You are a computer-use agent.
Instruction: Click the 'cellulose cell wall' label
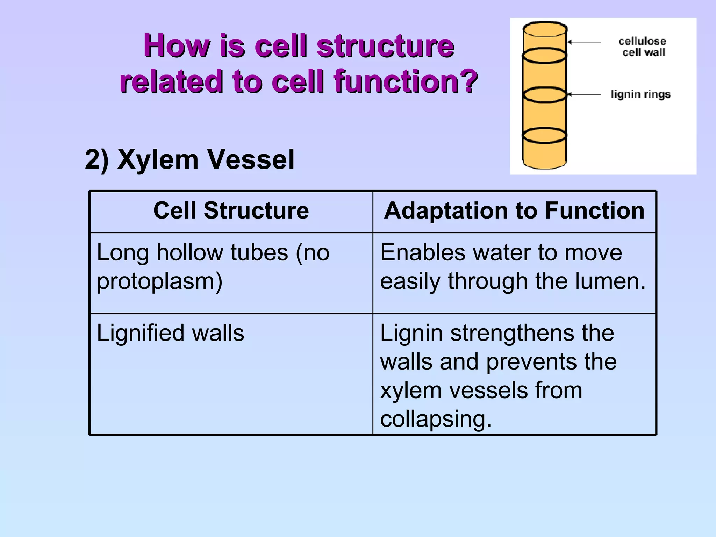[643, 47]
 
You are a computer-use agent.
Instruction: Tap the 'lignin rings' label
[640, 94]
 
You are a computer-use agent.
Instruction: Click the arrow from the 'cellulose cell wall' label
[584, 42]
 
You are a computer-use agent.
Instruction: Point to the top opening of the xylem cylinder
[545, 29]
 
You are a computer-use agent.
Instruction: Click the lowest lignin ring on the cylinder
[544, 136]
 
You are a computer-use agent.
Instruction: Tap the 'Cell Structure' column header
[231, 211]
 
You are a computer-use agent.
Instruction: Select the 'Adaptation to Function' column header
[514, 211]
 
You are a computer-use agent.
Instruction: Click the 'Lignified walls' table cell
[170, 333]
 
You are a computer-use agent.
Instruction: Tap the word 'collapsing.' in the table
[436, 419]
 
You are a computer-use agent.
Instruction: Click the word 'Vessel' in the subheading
[251, 159]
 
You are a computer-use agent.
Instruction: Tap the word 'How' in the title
[177, 46]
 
